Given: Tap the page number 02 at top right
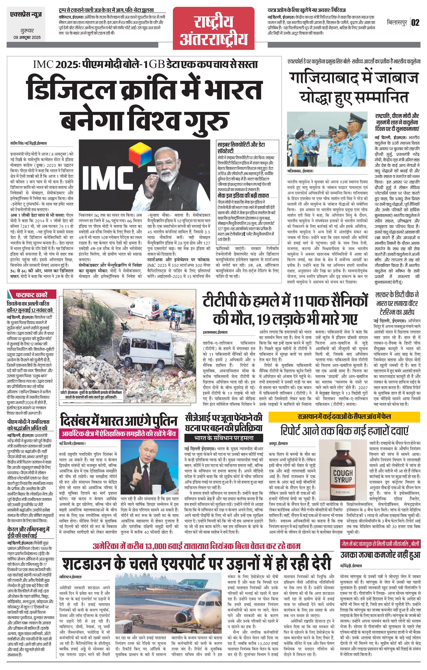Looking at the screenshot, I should pyautogui.click(x=415, y=22).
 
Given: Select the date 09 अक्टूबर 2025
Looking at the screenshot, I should pyautogui.click(x=27, y=38).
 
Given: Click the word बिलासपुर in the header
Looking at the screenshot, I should pyautogui.click(x=397, y=22).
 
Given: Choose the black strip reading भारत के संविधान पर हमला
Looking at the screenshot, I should pyautogui.click(x=224, y=438).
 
